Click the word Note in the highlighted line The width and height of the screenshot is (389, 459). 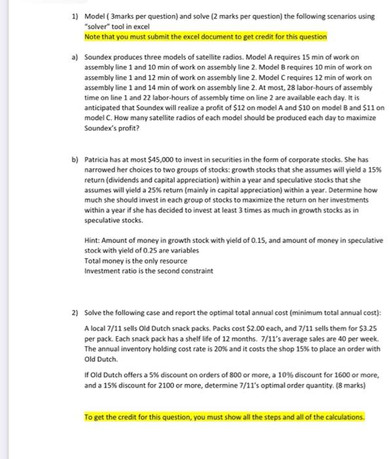[94, 37]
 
